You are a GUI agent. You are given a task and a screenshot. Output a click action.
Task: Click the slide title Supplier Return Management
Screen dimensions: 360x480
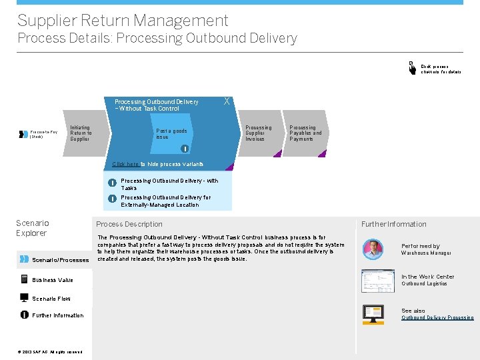(x=123, y=21)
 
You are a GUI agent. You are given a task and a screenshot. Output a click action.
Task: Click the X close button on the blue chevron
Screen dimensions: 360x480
(x=227, y=101)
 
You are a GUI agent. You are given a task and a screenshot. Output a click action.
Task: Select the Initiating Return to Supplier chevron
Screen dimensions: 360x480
(x=81, y=133)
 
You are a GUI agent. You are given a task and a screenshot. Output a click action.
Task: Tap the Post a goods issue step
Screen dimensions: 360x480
(x=171, y=134)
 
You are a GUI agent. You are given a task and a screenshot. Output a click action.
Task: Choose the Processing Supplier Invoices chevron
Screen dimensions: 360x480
(x=259, y=133)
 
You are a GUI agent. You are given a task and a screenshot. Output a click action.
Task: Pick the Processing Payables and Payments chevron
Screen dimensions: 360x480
(x=305, y=133)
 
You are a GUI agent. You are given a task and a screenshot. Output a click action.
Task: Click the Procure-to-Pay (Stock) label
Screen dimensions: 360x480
(x=44, y=134)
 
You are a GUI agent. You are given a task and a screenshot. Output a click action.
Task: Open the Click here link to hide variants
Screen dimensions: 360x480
(x=125, y=164)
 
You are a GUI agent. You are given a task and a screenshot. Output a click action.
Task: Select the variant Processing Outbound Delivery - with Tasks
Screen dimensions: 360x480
(x=169, y=184)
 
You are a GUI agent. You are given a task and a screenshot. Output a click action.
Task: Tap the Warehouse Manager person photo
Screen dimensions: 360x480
(x=373, y=249)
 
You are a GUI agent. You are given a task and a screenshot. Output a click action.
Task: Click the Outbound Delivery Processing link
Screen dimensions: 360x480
(x=437, y=318)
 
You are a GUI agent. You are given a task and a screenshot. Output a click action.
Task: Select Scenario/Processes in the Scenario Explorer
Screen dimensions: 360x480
(x=60, y=260)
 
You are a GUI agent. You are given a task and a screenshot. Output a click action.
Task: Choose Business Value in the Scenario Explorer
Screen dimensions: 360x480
(x=53, y=280)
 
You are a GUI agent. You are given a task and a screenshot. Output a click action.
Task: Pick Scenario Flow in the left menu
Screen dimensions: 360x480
(x=51, y=299)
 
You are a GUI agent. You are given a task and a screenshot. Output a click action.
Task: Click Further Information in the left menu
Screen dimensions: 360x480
(x=58, y=315)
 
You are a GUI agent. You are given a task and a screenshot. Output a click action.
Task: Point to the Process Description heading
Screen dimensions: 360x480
(x=129, y=224)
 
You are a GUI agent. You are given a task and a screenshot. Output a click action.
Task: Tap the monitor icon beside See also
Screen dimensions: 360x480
(x=373, y=313)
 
